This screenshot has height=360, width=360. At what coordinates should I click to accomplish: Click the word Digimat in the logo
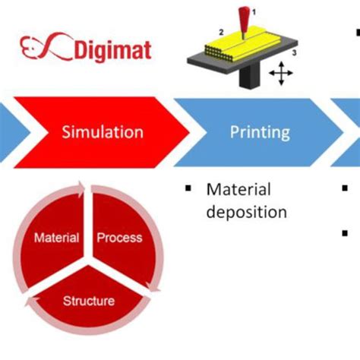113,50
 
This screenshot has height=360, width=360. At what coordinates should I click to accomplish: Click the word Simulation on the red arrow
103,132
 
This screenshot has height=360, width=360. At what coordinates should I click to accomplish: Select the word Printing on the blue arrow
260,132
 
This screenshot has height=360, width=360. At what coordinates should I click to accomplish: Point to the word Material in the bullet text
238,188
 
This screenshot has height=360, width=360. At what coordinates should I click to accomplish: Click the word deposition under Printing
247,212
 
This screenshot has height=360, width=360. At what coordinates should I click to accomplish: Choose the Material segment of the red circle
57,238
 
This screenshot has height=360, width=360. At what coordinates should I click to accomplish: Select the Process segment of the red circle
120,238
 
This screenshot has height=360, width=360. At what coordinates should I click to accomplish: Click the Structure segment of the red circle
89,300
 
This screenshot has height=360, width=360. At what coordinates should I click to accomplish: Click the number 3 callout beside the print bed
295,54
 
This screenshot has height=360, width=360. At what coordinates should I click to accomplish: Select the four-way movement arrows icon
282,74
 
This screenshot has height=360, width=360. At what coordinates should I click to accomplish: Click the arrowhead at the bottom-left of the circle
31,303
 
